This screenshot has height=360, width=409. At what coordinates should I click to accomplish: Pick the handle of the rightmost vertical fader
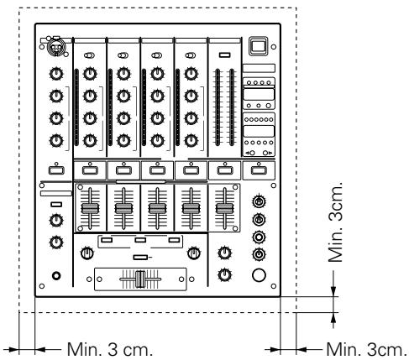pos(223,205)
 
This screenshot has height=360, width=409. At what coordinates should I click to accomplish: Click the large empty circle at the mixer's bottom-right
pos(259,274)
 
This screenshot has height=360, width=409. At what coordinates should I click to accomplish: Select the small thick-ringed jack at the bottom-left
pos(56,275)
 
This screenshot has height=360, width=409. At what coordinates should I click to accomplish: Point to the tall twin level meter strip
pos(223,109)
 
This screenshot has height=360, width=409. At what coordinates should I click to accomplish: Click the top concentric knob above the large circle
pos(259,201)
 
